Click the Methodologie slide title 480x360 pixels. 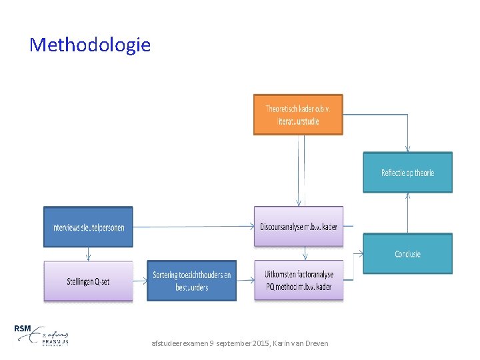tap(90, 45)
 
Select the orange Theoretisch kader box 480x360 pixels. tap(298, 115)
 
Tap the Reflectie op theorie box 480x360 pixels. tap(407, 173)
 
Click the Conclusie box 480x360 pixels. tap(407, 253)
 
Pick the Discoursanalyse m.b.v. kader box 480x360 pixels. tap(299, 227)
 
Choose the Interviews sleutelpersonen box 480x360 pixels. tap(88, 227)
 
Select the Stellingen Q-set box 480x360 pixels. tap(88, 281)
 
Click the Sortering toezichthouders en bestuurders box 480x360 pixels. tap(191, 281)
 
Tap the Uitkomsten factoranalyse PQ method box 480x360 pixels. tap(299, 281)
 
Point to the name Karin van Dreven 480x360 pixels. tap(308, 343)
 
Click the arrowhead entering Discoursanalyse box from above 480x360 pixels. tap(298, 203)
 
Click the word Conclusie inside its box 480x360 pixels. tap(407, 253)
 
